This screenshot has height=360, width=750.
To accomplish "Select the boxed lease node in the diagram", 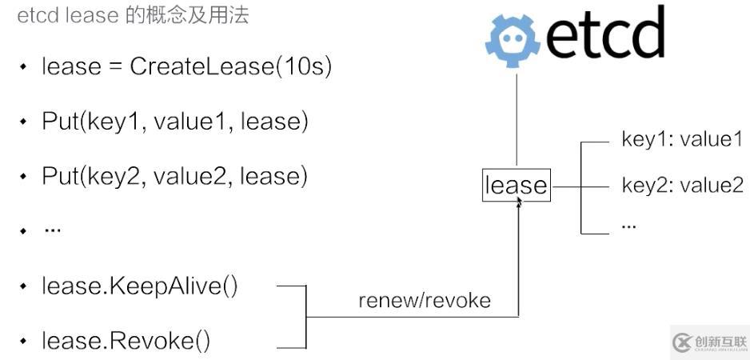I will pyautogui.click(x=516, y=186).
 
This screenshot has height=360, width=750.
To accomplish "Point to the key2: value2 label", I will pyautogui.click(x=682, y=186).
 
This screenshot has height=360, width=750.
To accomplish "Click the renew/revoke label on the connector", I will pyautogui.click(x=424, y=301).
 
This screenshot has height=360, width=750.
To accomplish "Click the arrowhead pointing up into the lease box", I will pyautogui.click(x=519, y=204).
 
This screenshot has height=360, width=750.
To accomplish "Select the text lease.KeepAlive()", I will pyautogui.click(x=140, y=286).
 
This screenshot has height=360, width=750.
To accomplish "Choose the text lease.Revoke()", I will pyautogui.click(x=126, y=342).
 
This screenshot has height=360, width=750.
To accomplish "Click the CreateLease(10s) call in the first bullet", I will pyautogui.click(x=230, y=66).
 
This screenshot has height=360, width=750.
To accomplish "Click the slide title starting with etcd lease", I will pyautogui.click(x=133, y=15).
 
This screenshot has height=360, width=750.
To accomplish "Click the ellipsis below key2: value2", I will pyautogui.click(x=628, y=226).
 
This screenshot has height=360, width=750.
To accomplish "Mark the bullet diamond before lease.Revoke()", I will pyautogui.click(x=23, y=342).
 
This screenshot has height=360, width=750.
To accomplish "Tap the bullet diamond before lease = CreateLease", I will pyautogui.click(x=23, y=67).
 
